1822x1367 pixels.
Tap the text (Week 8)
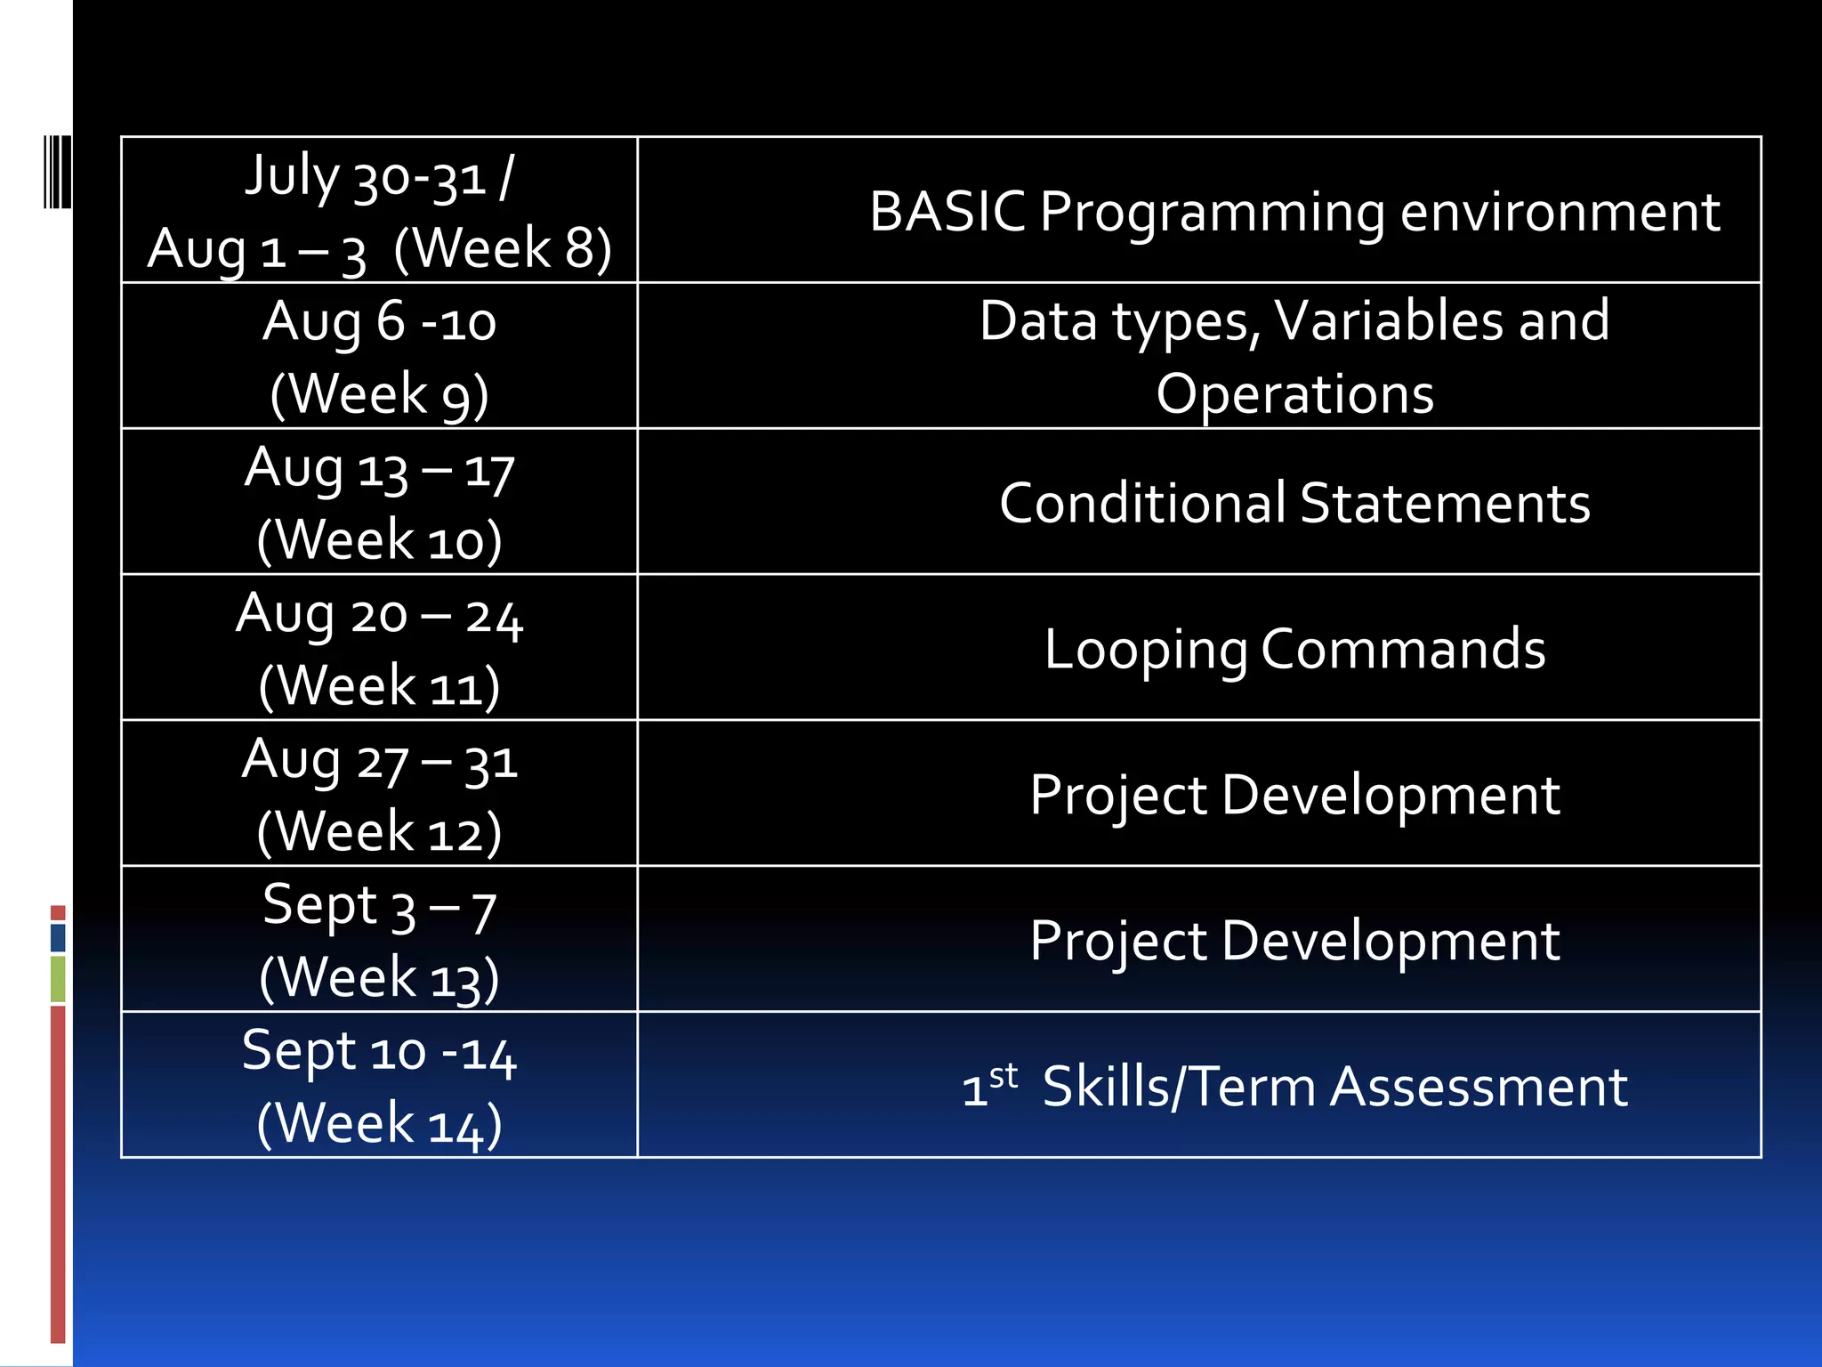[x=503, y=247]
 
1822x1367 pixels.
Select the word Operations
[x=1294, y=393]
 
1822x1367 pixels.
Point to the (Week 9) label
[x=379, y=393]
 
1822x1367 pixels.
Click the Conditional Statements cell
[x=1294, y=503]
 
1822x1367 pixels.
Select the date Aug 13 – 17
[x=379, y=468]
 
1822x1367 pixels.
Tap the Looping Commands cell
[x=1294, y=649]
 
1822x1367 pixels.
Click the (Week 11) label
[x=379, y=686]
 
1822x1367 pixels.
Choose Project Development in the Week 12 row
[x=1294, y=795]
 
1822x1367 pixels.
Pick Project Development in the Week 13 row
[x=1294, y=941]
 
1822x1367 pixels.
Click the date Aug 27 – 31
[x=379, y=761]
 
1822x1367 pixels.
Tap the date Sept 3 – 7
[x=379, y=907]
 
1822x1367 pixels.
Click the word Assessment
[x=1478, y=1087]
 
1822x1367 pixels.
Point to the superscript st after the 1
[x=1004, y=1075]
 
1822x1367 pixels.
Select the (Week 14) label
[x=379, y=1123]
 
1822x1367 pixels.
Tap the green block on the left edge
[x=58, y=978]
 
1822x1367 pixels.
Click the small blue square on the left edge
[x=58, y=937]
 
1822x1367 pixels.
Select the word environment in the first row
[x=1560, y=212]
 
